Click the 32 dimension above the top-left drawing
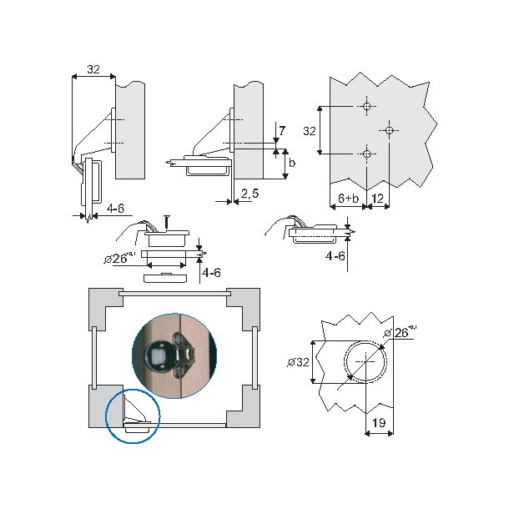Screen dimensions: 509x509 (93, 69)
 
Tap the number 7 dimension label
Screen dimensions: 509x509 (282, 130)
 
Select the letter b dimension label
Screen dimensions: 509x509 (292, 163)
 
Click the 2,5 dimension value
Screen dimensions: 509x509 (250, 194)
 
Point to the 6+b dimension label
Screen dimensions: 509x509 (348, 198)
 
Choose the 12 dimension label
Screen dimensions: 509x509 (377, 198)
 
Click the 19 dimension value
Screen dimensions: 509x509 (379, 423)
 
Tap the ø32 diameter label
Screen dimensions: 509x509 (299, 362)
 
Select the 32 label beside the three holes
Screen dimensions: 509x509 (310, 131)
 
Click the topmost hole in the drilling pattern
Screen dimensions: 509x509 (367, 107)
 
